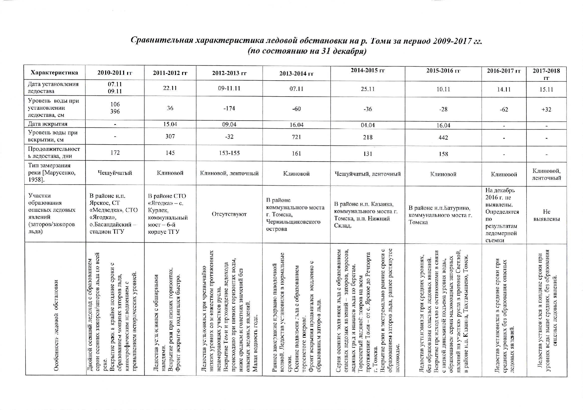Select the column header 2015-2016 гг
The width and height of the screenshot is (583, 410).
click(x=443, y=71)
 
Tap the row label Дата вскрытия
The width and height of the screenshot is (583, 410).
click(x=48, y=124)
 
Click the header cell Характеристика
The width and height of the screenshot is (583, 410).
click(x=54, y=73)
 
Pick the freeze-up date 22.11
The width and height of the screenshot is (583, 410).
click(x=170, y=88)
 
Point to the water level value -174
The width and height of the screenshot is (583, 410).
click(x=229, y=109)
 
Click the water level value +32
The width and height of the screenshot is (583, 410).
click(x=546, y=109)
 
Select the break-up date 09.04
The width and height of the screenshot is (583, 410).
click(x=229, y=125)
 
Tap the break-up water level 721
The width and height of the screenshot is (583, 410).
click(x=296, y=137)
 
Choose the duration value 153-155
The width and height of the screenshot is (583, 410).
click(x=229, y=153)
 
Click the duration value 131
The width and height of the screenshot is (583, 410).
click(x=368, y=154)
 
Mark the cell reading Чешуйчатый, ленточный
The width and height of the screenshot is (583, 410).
click(x=368, y=174)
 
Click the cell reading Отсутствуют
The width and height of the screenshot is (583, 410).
click(x=229, y=214)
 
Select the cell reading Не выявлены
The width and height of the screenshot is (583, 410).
click(x=546, y=215)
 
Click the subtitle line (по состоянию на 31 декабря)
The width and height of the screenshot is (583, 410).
click(x=307, y=51)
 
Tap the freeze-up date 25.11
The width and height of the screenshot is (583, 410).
click(x=368, y=89)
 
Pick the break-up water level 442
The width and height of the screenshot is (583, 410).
click(x=443, y=138)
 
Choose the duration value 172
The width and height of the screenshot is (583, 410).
click(x=115, y=153)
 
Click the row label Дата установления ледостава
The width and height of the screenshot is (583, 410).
click(x=53, y=88)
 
